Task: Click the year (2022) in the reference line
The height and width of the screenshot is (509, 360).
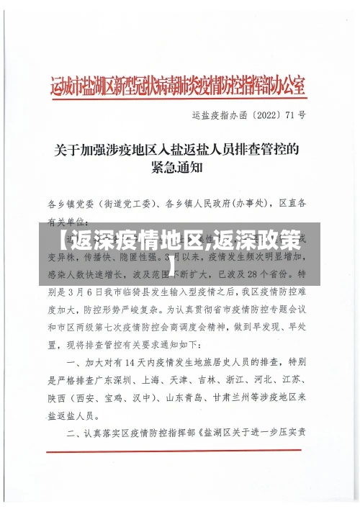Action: (257, 114)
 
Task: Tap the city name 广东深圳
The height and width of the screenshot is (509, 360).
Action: (135, 379)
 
